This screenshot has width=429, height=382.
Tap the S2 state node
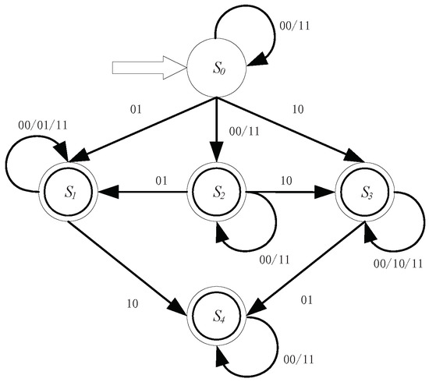point(215,189)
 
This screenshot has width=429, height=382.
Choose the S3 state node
point(364,189)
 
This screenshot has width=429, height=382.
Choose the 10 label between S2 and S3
point(285,181)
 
